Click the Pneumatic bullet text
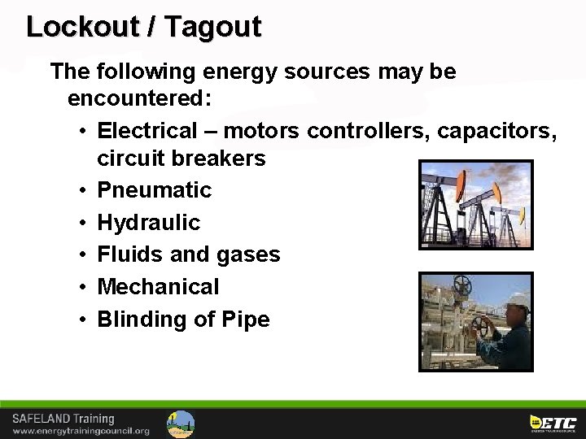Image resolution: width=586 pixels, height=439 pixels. pos(154,190)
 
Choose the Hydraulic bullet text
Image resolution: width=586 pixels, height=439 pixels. pos(148,222)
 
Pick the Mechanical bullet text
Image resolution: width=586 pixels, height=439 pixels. pos(158,286)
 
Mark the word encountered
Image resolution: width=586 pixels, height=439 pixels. pos(139,99)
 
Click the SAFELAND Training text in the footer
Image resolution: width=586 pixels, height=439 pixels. pos(63,419)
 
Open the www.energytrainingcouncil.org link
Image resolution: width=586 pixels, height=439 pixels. pos(81,431)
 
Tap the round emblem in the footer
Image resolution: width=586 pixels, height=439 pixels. pos(181,424)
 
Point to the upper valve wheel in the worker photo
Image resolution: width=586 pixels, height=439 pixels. pos(462,285)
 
